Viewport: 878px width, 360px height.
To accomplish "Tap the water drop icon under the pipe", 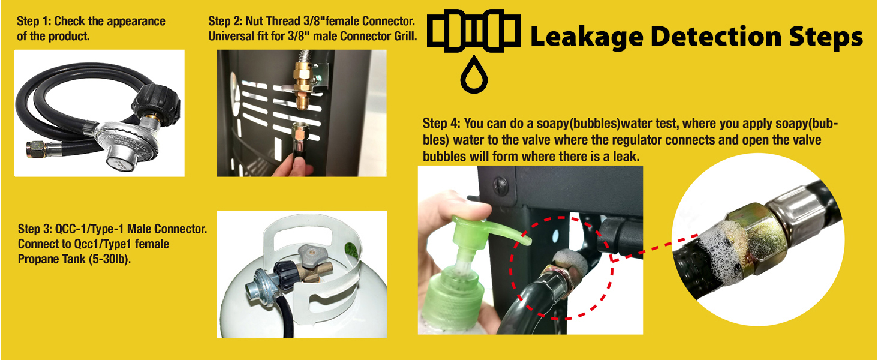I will pyautogui.click(x=473, y=75).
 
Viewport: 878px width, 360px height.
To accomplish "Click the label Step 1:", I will pyautogui.click(x=34, y=21).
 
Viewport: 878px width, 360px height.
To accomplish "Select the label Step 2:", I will pyautogui.click(x=225, y=21).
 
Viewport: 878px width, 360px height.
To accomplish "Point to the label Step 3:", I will pyautogui.click(x=35, y=229).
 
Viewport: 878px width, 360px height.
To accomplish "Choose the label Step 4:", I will pyautogui.click(x=440, y=124).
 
